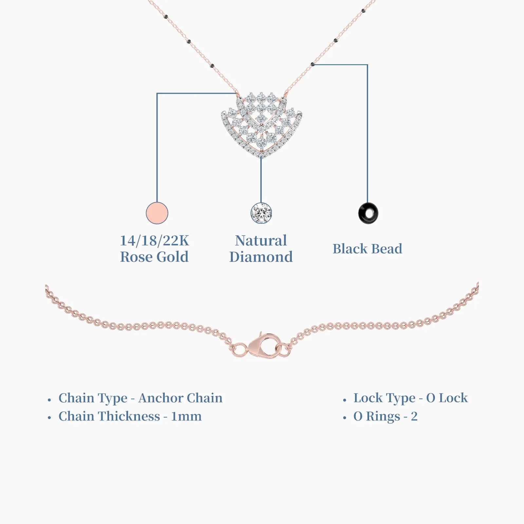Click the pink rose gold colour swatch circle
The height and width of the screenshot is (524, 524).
[x=157, y=213]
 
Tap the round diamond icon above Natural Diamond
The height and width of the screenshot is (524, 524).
[x=261, y=213]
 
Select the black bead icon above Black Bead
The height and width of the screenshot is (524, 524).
[x=368, y=213]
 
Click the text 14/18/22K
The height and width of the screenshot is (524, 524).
[x=155, y=241]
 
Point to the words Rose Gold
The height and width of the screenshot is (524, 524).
[x=154, y=257]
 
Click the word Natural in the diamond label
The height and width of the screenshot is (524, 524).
[x=261, y=241]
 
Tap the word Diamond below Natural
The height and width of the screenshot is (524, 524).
[x=261, y=257]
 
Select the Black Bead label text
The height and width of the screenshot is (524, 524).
[x=367, y=249]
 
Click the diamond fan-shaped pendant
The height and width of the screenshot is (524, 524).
[x=261, y=124]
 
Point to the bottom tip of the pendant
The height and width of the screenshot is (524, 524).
[x=261, y=158]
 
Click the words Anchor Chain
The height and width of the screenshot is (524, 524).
[x=180, y=398]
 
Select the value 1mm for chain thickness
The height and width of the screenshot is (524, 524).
[x=186, y=417]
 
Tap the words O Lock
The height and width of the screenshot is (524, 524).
[x=447, y=398]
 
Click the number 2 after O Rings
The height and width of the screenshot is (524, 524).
[x=414, y=417]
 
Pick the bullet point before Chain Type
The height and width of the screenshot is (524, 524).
[x=49, y=400]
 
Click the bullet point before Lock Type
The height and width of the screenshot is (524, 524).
[x=345, y=400]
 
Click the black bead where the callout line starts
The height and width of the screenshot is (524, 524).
[x=312, y=64]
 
